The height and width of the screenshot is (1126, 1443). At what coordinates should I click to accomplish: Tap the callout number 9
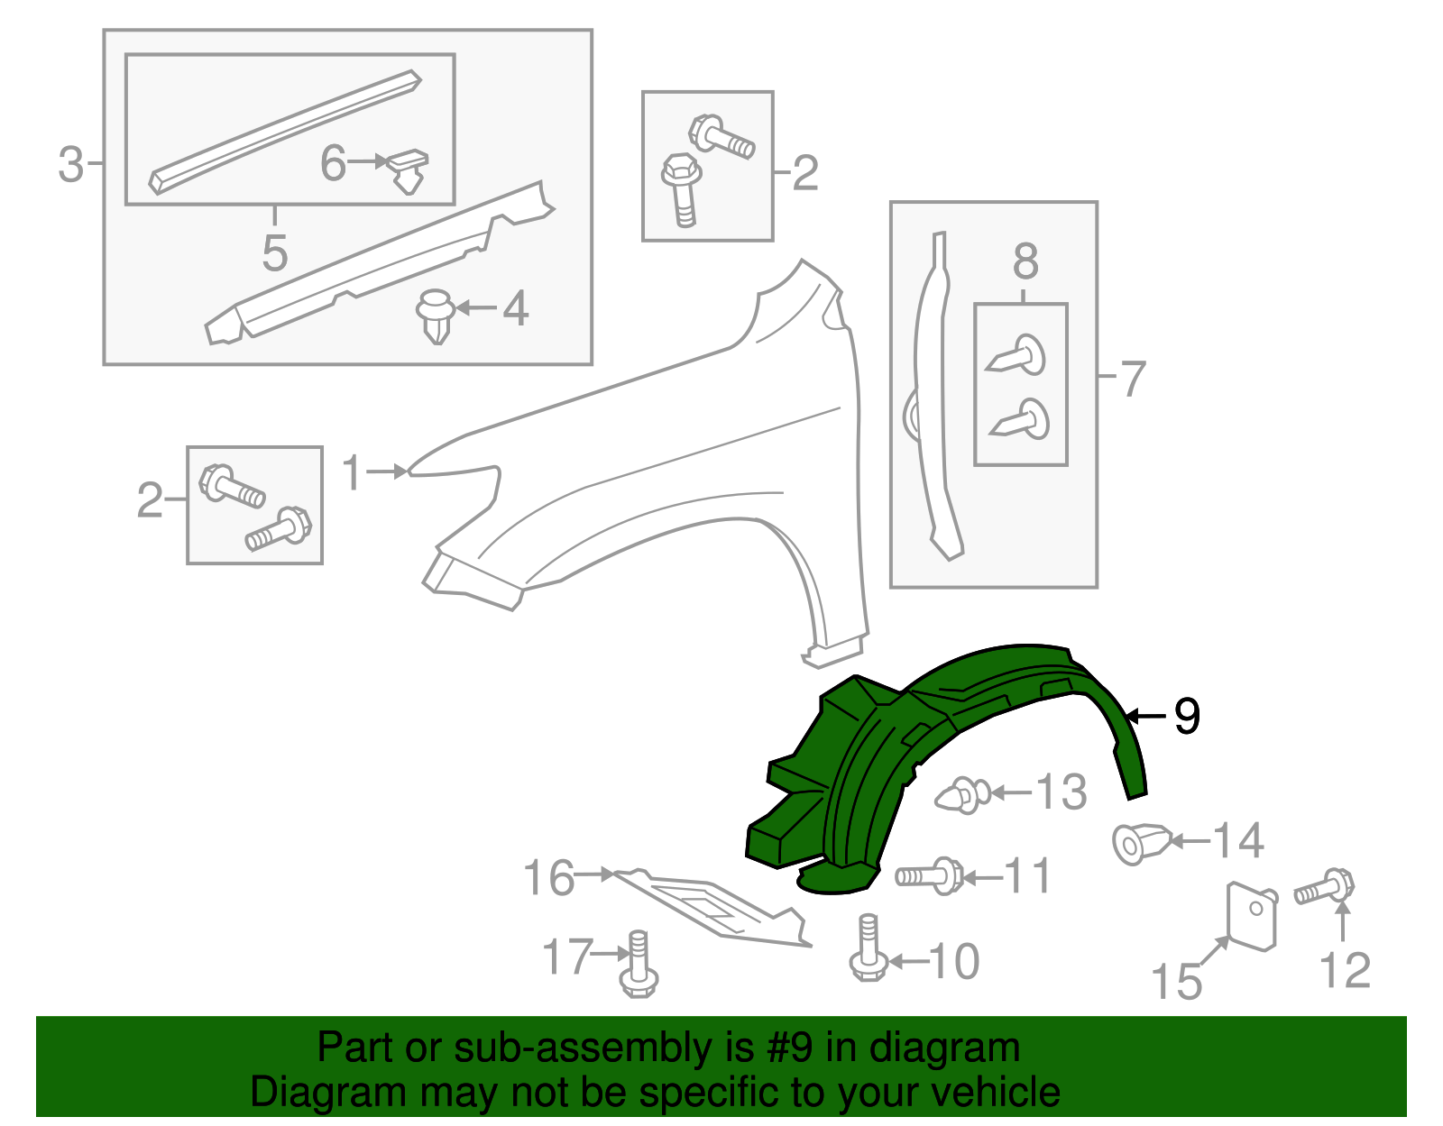[1187, 717]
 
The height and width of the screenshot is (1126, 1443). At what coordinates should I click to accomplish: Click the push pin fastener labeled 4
[436, 316]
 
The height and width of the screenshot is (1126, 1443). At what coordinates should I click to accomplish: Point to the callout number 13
[1061, 792]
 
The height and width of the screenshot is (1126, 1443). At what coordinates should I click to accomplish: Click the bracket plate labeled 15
[1253, 915]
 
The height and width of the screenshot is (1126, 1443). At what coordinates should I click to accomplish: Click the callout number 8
[1025, 262]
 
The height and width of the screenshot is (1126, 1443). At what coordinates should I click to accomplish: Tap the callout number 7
[1132, 378]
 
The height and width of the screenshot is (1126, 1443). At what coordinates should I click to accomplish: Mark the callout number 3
[71, 165]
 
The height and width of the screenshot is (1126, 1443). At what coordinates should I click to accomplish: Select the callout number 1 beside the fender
[352, 472]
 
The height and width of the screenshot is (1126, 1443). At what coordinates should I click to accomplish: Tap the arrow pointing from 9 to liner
[1145, 717]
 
